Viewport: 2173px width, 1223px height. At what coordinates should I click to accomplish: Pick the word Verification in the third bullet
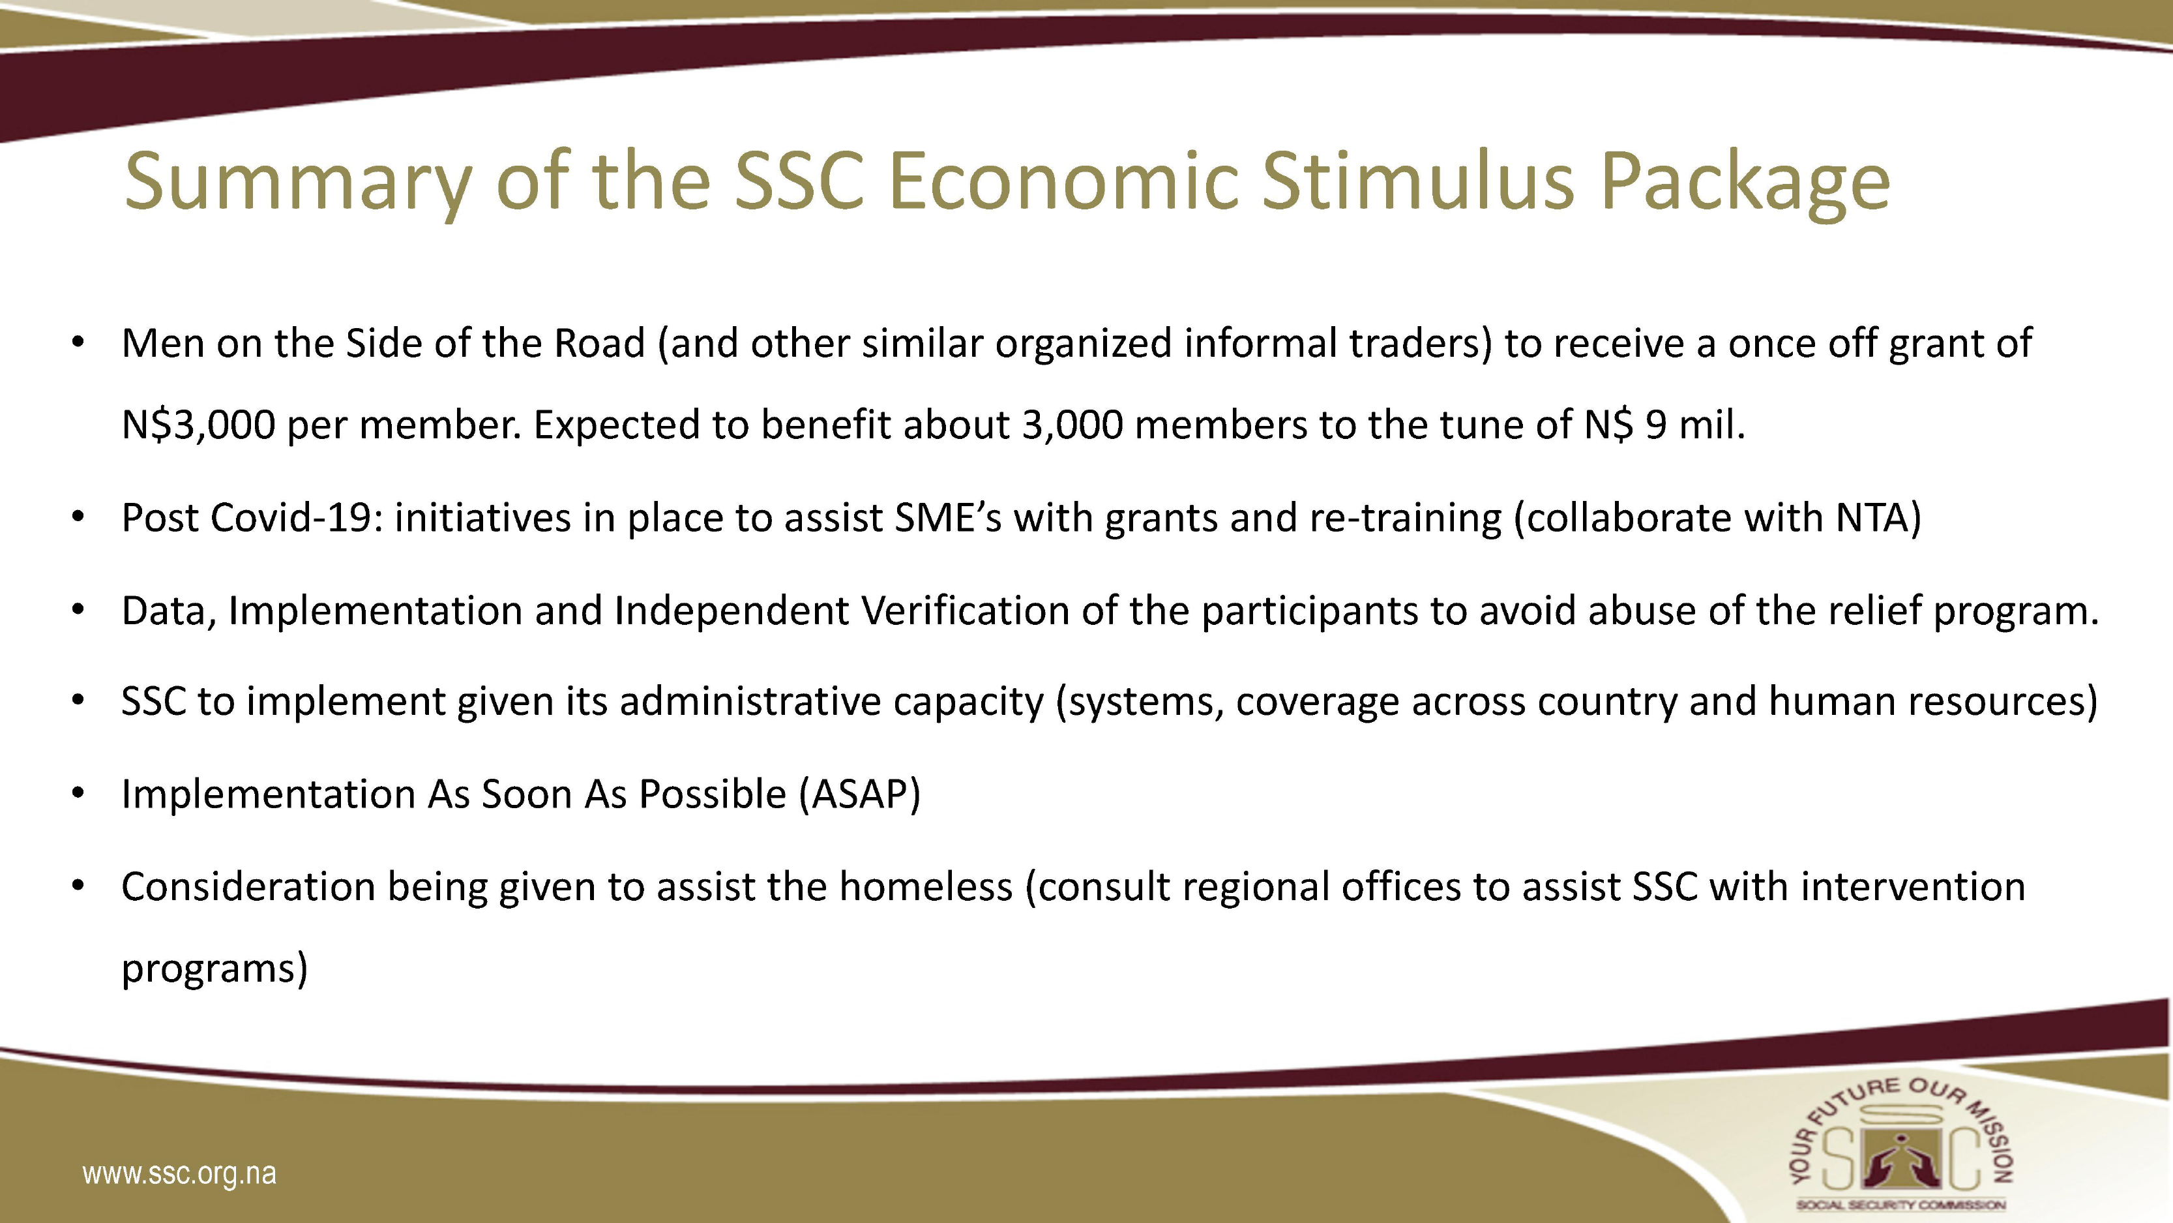pos(966,611)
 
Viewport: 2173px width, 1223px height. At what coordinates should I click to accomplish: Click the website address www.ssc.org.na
pos(180,1174)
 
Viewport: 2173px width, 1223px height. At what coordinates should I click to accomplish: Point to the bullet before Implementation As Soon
pos(78,794)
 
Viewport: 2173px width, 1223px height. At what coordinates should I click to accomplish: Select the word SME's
pos(948,517)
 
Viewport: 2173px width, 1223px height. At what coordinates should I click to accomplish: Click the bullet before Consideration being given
pos(78,887)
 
